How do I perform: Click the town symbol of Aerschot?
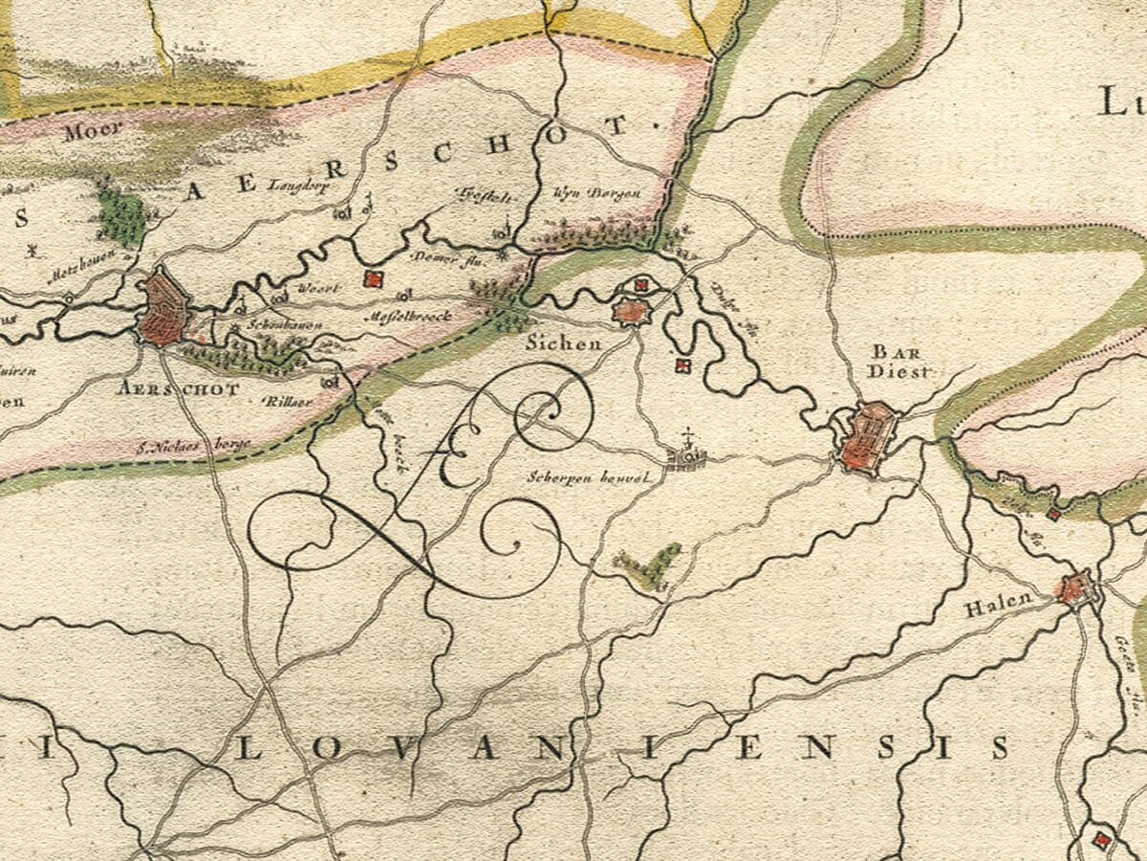163,309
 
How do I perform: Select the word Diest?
898,372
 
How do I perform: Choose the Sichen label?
564,343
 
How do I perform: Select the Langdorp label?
299,187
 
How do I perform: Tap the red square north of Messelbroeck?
373,279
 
